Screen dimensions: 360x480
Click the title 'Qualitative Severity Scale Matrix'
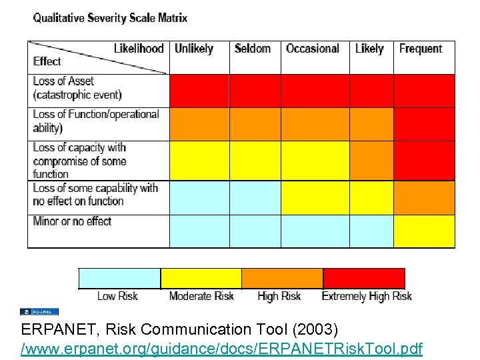click(110, 18)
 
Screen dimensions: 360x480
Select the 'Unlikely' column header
click(193, 49)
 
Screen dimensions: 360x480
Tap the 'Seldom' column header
click(253, 49)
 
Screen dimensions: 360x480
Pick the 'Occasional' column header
click(313, 49)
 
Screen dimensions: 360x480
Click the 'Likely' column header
click(369, 49)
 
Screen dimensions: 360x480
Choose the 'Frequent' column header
click(421, 49)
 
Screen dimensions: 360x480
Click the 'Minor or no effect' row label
click(72, 221)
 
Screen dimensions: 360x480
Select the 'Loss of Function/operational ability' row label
click(96, 121)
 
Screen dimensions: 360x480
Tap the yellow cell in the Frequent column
click(424, 231)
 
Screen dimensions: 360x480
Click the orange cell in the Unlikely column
click(199, 124)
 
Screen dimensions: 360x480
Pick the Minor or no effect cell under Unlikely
click(199, 231)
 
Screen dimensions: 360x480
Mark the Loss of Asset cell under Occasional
click(315, 91)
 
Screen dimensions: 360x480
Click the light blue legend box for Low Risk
click(120, 278)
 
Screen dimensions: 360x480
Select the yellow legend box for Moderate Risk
click(201, 278)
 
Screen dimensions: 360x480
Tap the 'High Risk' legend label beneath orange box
click(279, 296)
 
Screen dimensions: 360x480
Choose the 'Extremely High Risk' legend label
click(367, 296)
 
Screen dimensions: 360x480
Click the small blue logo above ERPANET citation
click(39, 311)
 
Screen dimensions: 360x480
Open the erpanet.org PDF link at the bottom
click(221, 348)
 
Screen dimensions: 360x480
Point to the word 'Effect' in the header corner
click(47, 61)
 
